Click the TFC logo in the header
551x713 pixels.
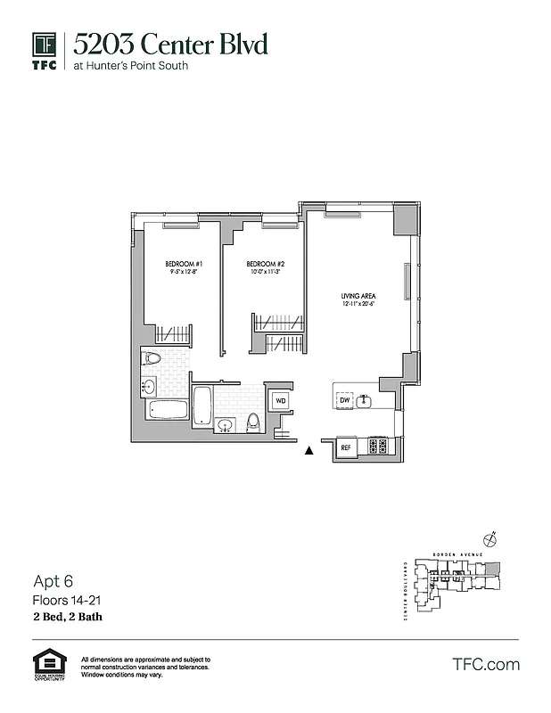click(x=45, y=50)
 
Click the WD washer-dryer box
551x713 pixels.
click(x=280, y=402)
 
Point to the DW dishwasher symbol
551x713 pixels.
click(x=344, y=402)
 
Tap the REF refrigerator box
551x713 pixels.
click(x=346, y=447)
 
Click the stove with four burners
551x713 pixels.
click(x=377, y=447)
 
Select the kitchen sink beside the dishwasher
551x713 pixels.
click(x=365, y=402)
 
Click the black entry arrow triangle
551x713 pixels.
click(x=309, y=451)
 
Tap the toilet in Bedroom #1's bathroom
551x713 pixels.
click(x=152, y=361)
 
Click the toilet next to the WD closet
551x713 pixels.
click(x=254, y=422)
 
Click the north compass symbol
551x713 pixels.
click(x=489, y=538)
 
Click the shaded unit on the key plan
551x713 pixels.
click(x=495, y=569)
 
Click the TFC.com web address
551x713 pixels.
click(x=486, y=664)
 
